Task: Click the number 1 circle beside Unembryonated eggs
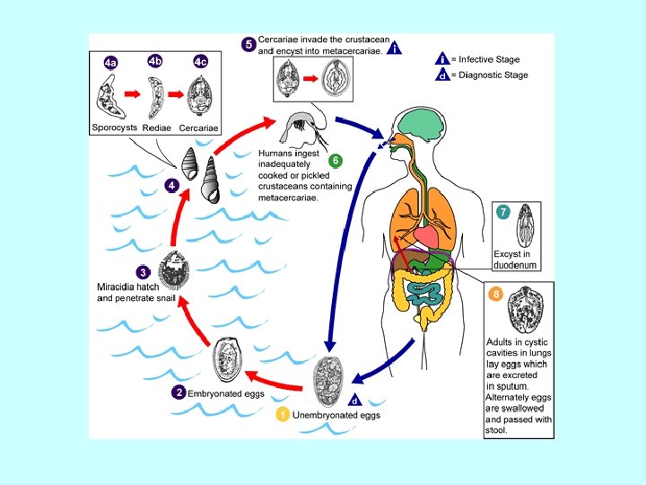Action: [283, 415]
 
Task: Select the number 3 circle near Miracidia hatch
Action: [142, 271]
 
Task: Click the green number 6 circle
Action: [335, 161]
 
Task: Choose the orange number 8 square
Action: [494, 294]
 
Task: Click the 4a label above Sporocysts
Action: [110, 63]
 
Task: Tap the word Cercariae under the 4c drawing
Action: [199, 128]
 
